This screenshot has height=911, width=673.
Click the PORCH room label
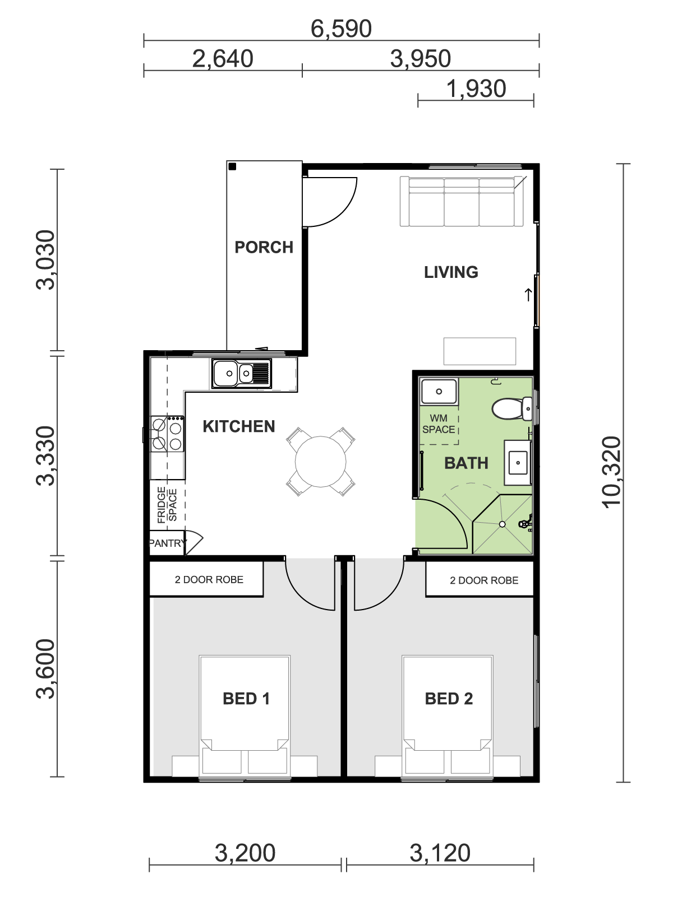coord(264,247)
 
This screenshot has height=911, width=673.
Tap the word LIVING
coord(451,272)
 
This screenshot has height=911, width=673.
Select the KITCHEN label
coord(239,427)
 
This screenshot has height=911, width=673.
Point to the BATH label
coord(466,463)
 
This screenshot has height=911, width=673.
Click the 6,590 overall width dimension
coord(341,29)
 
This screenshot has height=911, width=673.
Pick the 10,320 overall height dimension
coord(612,472)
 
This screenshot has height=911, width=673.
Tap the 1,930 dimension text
coord(476,89)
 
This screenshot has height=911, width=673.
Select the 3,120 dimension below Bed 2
coord(440,853)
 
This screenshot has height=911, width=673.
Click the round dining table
coord(321,462)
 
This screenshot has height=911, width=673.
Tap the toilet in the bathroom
coord(512,408)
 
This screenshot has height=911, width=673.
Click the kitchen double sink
coord(242,373)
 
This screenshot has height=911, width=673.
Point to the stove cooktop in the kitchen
coord(167,434)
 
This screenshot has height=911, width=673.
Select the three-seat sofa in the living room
coord(462,201)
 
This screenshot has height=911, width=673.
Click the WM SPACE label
coord(439,424)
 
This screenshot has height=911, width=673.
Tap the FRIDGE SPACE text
coord(167,505)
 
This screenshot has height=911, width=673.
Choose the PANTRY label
coord(167,543)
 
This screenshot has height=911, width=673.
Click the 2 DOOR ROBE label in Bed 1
coord(209,579)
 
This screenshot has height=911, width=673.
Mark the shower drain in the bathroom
coord(502,524)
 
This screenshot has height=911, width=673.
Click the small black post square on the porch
coord(232,166)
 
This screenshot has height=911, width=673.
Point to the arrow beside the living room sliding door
coord(528,295)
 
